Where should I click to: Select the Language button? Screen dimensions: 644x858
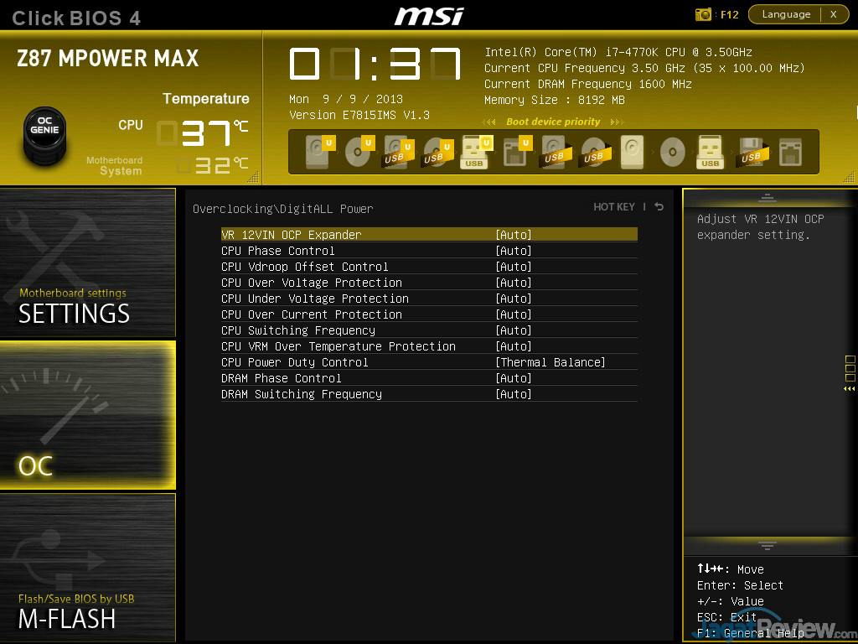(786, 14)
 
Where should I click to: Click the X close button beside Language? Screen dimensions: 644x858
(833, 14)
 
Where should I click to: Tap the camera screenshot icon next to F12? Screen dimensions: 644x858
(704, 14)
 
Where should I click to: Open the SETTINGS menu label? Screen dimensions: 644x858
(74, 314)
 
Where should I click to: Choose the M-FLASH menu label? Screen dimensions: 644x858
(67, 619)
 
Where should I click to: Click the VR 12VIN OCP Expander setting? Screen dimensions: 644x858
(292, 235)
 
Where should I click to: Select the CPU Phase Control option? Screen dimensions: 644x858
(278, 251)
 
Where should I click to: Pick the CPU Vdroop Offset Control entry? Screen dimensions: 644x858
(305, 267)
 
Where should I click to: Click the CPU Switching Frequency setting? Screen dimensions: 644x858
(298, 330)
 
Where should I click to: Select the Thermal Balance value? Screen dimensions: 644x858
(550, 362)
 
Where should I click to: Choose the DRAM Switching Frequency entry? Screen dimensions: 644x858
(302, 394)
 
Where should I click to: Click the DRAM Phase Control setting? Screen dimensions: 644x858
(282, 378)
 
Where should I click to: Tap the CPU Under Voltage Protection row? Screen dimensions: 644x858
(315, 299)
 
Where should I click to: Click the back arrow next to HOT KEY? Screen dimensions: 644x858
(659, 207)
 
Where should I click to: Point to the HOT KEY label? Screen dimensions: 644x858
(614, 207)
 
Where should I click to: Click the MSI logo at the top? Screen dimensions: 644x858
(430, 15)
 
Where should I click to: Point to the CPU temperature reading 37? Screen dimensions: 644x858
(204, 132)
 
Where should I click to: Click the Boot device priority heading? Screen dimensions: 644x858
(553, 122)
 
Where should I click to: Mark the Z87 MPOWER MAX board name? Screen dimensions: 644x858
(108, 59)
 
